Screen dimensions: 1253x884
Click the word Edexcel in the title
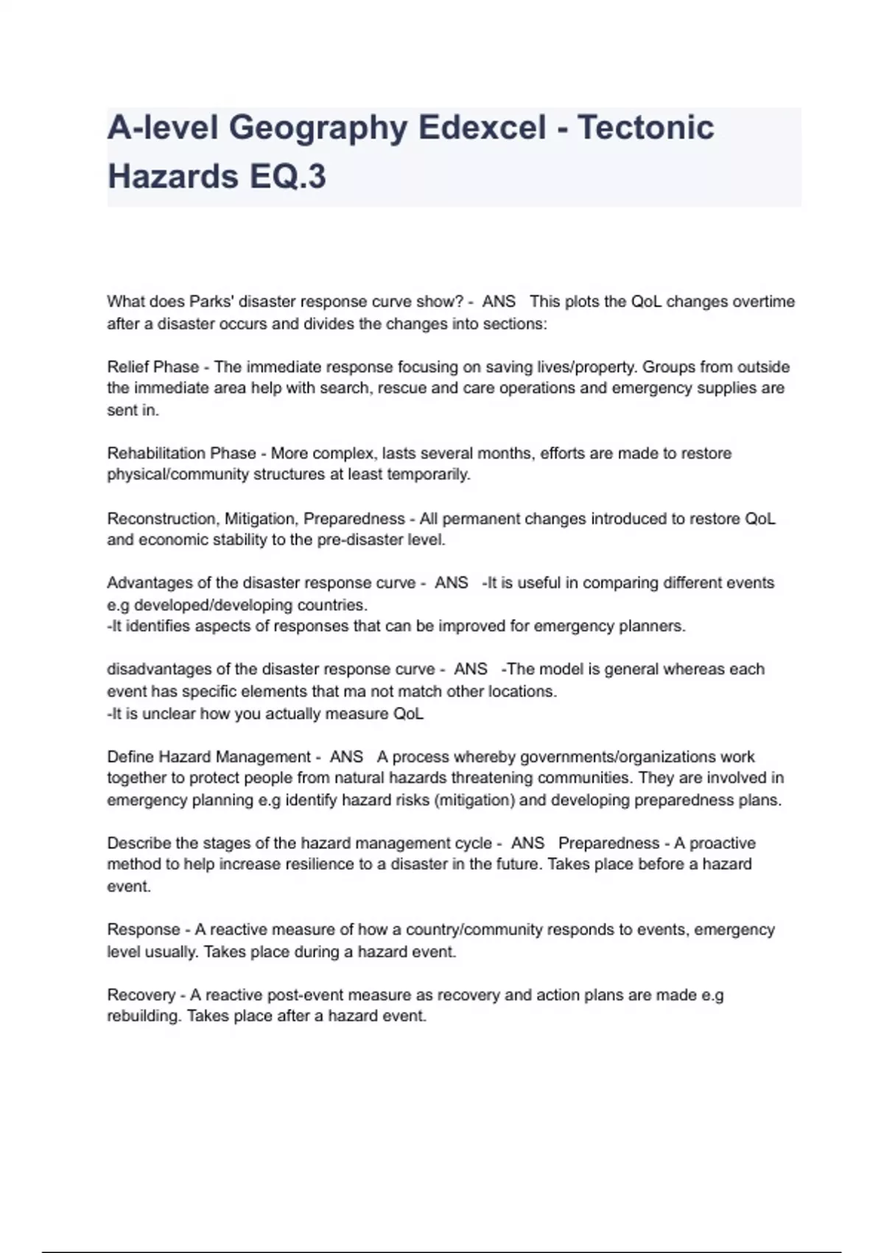[x=483, y=128]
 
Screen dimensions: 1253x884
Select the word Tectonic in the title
[x=645, y=128]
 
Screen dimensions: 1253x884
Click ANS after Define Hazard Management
[x=346, y=757]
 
